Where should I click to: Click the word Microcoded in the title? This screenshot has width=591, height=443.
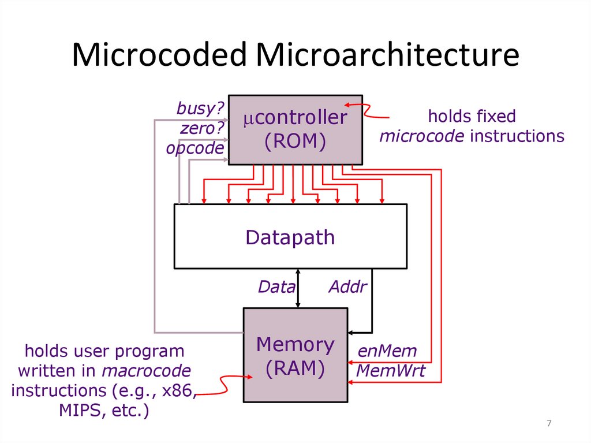point(160,56)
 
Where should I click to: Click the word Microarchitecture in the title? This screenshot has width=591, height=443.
point(387,56)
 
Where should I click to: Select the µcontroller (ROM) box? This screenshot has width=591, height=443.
point(295,129)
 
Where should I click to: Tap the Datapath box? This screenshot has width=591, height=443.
point(290,236)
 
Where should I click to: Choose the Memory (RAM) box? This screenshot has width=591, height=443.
point(295,355)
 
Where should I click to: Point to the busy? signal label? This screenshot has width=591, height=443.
point(200,108)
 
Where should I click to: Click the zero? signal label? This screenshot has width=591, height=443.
point(201,128)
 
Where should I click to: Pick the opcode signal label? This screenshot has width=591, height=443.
point(194,148)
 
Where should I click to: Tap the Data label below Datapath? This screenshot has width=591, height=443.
point(276,286)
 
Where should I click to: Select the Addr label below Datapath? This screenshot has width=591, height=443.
point(347,286)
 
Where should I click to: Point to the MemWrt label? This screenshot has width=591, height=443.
point(390,371)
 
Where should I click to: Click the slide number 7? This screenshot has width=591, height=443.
point(549,425)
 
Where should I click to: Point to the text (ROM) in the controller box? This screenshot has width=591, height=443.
point(295,141)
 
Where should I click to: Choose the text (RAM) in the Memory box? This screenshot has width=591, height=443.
point(295,367)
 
